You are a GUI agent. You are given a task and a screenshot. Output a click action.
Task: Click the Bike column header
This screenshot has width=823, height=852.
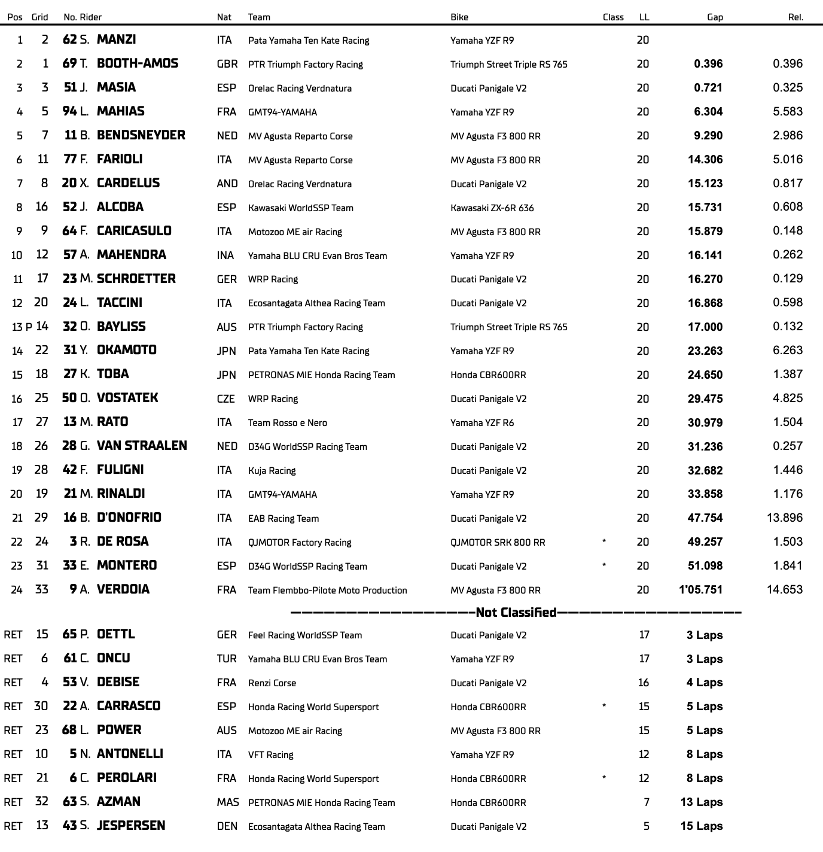459,17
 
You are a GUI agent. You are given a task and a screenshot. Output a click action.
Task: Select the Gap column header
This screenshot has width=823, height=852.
715,17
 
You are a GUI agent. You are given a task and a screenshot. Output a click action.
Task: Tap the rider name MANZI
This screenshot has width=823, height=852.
116,39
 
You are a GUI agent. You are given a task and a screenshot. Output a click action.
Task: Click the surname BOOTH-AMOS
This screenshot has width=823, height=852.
138,63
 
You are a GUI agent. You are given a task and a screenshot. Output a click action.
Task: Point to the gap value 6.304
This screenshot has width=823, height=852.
708,111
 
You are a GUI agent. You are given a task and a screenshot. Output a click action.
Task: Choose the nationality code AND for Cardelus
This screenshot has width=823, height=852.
227,184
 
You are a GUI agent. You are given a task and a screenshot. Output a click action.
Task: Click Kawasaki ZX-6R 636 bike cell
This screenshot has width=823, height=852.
492,208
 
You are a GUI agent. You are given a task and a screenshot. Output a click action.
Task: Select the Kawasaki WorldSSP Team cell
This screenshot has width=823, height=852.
301,208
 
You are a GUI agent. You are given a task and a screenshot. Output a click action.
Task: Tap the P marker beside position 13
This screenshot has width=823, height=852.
29,327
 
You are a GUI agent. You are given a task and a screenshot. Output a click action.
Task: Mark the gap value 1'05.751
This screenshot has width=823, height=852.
700,589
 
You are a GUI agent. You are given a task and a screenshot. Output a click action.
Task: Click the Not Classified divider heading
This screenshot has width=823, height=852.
516,612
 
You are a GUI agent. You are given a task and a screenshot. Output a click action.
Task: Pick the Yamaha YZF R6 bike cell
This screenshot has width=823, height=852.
482,422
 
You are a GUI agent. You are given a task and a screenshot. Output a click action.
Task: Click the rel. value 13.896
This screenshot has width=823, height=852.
785,518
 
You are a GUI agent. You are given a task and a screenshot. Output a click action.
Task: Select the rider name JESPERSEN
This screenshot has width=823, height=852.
131,825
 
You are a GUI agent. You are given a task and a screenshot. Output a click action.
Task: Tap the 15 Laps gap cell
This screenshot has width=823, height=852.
702,826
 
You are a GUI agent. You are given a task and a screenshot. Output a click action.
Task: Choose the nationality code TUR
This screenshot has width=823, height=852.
227,659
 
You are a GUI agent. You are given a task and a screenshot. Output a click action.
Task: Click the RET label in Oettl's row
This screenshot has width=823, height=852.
13,635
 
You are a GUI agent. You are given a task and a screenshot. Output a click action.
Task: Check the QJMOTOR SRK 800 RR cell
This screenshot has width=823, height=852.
498,542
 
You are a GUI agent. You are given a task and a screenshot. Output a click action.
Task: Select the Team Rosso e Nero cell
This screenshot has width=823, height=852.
288,422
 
